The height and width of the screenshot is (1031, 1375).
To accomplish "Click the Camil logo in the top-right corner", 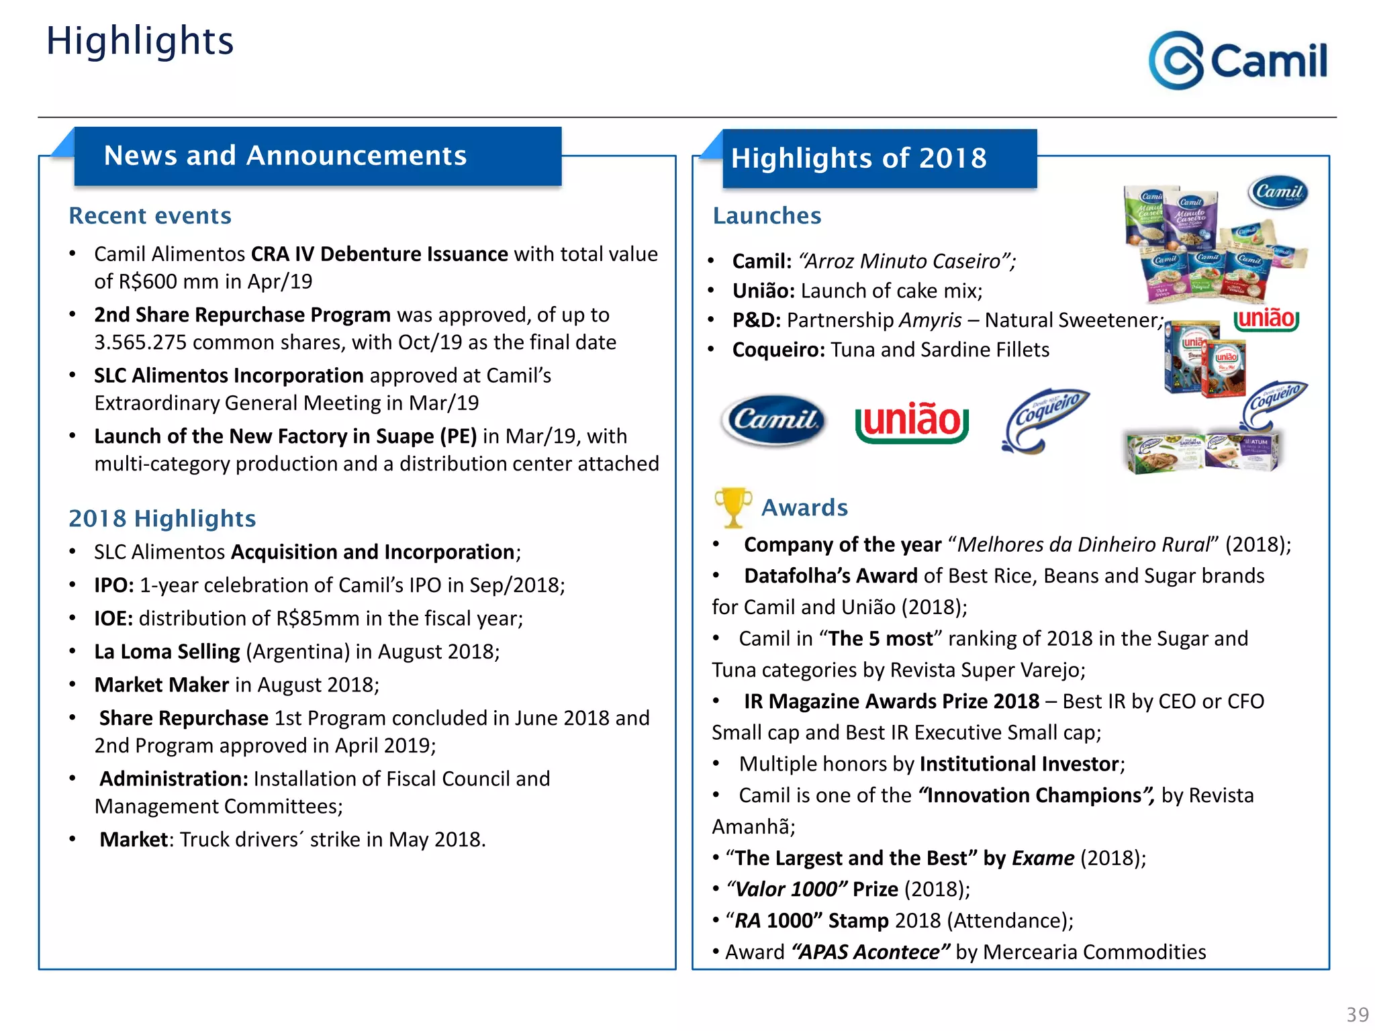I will [1237, 60].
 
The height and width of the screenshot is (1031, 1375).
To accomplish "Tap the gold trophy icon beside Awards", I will [732, 507].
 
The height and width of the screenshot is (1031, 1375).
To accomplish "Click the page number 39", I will [1358, 1014].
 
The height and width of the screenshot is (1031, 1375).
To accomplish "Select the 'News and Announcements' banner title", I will [285, 156].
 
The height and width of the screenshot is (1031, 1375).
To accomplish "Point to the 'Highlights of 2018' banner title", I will [859, 158].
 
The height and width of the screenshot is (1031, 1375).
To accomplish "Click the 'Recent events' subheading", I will [150, 215].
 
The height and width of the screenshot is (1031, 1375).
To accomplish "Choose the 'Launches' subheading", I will [767, 215].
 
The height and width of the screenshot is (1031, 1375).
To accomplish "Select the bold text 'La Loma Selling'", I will [167, 652].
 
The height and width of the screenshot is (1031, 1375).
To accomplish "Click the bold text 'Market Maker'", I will [162, 685].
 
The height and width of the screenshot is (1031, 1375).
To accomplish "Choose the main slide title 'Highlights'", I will [140, 41].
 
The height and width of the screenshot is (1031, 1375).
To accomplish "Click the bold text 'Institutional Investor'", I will [1018, 764].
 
